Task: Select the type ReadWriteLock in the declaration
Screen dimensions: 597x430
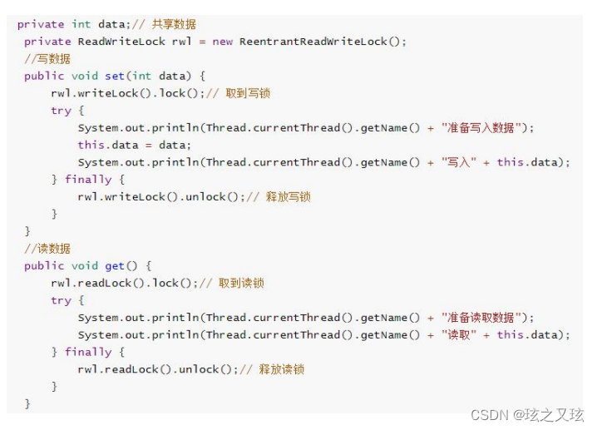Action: point(121,42)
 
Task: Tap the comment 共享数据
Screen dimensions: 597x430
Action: point(174,24)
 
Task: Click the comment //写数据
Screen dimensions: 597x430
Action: point(47,59)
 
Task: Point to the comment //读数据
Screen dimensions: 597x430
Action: point(47,249)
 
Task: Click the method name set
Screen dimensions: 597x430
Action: point(115,77)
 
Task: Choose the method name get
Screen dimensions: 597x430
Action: point(115,266)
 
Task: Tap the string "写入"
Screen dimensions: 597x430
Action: point(456,162)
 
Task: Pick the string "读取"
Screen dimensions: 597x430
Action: point(456,335)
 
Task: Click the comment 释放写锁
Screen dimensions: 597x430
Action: point(288,197)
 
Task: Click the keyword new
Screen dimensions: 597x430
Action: point(223,42)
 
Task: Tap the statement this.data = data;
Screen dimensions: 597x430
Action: point(135,146)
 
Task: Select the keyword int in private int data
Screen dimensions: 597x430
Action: point(81,24)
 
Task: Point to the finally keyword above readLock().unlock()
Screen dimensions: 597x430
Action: point(88,353)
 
